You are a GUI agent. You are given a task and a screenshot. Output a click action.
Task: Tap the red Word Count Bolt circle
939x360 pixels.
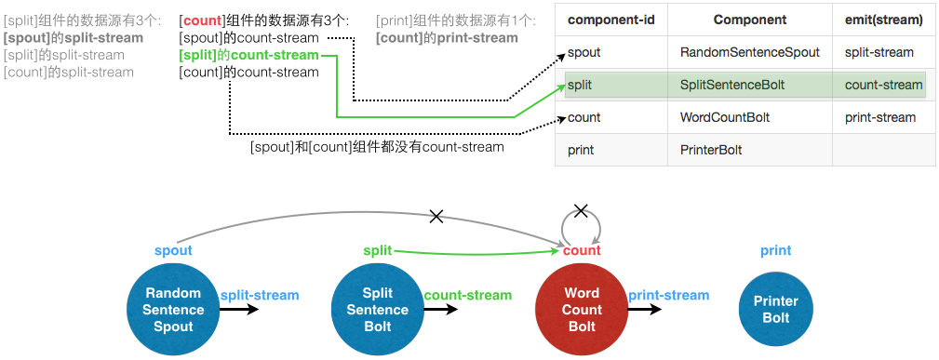[582, 309]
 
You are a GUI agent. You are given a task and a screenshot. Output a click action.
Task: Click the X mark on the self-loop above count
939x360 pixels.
[582, 211]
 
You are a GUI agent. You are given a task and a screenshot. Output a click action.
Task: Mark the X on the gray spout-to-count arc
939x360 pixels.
[436, 217]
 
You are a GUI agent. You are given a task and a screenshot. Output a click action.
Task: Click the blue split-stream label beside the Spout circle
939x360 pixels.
[260, 295]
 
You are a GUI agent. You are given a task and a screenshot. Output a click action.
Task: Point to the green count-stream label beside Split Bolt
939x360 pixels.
[468, 295]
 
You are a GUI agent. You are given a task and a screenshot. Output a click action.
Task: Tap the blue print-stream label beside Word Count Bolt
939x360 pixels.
[668, 295]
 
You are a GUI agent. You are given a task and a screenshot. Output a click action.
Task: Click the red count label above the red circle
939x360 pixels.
[582, 250]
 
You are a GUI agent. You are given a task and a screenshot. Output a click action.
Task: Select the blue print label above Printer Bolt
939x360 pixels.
[775, 250]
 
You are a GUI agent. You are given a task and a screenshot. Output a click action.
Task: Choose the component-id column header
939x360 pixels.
[610, 20]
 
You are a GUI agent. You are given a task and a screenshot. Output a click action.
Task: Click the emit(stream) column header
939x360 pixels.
[883, 20]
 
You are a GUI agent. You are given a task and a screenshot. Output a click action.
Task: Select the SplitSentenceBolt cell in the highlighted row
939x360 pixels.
[732, 85]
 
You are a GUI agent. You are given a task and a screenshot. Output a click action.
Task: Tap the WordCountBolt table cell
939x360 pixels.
[725, 117]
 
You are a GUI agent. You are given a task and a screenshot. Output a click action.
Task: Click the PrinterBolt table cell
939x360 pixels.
[711, 150]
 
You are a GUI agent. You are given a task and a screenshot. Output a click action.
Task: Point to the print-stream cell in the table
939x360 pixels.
[880, 117]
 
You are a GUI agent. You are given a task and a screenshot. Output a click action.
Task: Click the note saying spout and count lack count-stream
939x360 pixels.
[377, 147]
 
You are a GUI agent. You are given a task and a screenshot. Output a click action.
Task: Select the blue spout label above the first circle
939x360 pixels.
[173, 250]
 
